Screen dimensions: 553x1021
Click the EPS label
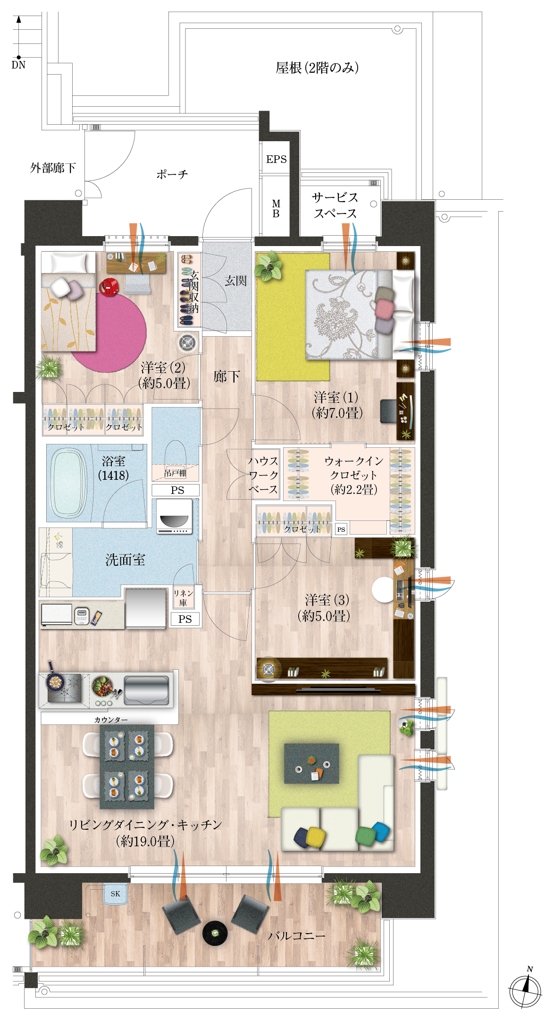click(x=276, y=159)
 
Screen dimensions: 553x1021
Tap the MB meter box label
click(x=276, y=208)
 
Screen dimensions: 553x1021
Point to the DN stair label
click(x=18, y=65)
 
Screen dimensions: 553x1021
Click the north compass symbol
click(x=525, y=989)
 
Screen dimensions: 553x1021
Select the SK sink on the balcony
click(x=115, y=893)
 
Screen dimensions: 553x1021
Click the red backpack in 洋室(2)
click(x=109, y=287)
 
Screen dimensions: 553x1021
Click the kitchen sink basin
click(x=146, y=690)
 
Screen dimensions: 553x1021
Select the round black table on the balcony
click(x=215, y=933)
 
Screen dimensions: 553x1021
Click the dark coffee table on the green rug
click(x=311, y=764)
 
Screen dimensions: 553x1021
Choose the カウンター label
click(x=111, y=720)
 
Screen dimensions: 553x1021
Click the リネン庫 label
click(x=183, y=598)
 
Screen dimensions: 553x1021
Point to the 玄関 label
click(x=235, y=281)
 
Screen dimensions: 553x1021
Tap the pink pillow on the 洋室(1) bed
click(x=385, y=309)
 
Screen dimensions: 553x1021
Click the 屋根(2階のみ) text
click(x=317, y=68)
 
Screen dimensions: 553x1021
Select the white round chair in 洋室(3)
click(x=383, y=590)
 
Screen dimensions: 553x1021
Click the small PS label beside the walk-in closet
click(x=341, y=529)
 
